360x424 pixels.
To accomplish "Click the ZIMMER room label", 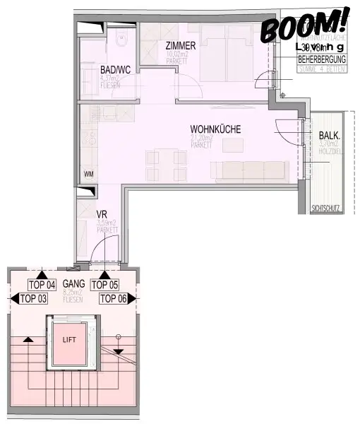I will click(x=181, y=45).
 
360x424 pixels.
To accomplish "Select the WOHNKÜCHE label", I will click(x=215, y=130).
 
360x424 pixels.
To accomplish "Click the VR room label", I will click(x=102, y=214).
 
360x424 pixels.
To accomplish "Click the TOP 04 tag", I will click(x=42, y=285).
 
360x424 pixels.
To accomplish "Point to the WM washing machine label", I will click(x=89, y=174).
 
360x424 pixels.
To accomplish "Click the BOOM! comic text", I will click(x=306, y=25).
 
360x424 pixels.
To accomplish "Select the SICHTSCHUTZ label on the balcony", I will click(x=325, y=208).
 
